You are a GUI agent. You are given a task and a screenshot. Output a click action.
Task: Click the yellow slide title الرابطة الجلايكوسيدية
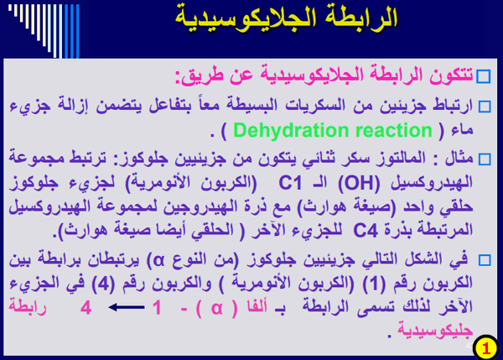286,18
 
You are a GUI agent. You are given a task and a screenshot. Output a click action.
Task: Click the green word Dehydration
291,131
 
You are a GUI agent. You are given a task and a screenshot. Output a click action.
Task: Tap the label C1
290,184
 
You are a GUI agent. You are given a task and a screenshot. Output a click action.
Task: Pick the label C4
366,230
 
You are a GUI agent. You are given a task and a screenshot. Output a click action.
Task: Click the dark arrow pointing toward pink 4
127,307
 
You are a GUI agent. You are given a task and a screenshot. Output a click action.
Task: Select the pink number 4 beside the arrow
86,307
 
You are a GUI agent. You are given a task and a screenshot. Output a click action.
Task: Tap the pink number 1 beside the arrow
157,307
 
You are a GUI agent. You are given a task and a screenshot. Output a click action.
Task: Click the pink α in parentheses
217,308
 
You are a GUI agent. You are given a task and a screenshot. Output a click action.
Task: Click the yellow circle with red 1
485,347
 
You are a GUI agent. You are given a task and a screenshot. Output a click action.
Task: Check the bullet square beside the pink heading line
484,76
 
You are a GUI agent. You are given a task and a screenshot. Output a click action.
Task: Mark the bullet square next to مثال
485,159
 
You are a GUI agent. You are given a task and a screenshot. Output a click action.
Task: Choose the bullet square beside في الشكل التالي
485,260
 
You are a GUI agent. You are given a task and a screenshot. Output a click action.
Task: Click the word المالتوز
402,159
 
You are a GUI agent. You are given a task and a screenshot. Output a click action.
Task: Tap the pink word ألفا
257,306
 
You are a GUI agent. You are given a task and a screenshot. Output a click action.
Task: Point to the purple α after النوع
158,261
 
